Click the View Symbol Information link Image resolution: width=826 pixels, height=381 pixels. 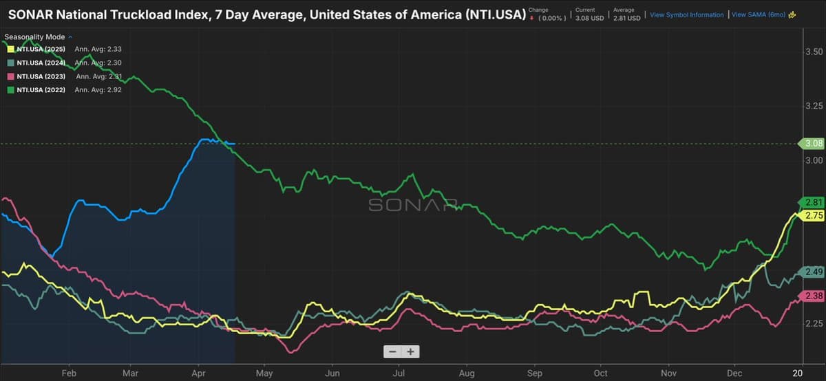click(686, 14)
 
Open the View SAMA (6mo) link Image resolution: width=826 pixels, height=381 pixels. click(760, 14)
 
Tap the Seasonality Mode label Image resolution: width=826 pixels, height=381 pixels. click(36, 36)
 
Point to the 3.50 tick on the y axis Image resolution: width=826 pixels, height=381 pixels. click(813, 52)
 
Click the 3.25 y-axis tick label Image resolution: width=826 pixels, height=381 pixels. click(813, 106)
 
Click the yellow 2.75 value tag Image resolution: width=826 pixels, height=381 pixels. click(814, 216)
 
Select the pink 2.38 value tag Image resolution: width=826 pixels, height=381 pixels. click(814, 296)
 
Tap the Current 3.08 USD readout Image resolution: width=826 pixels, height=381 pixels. click(589, 14)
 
